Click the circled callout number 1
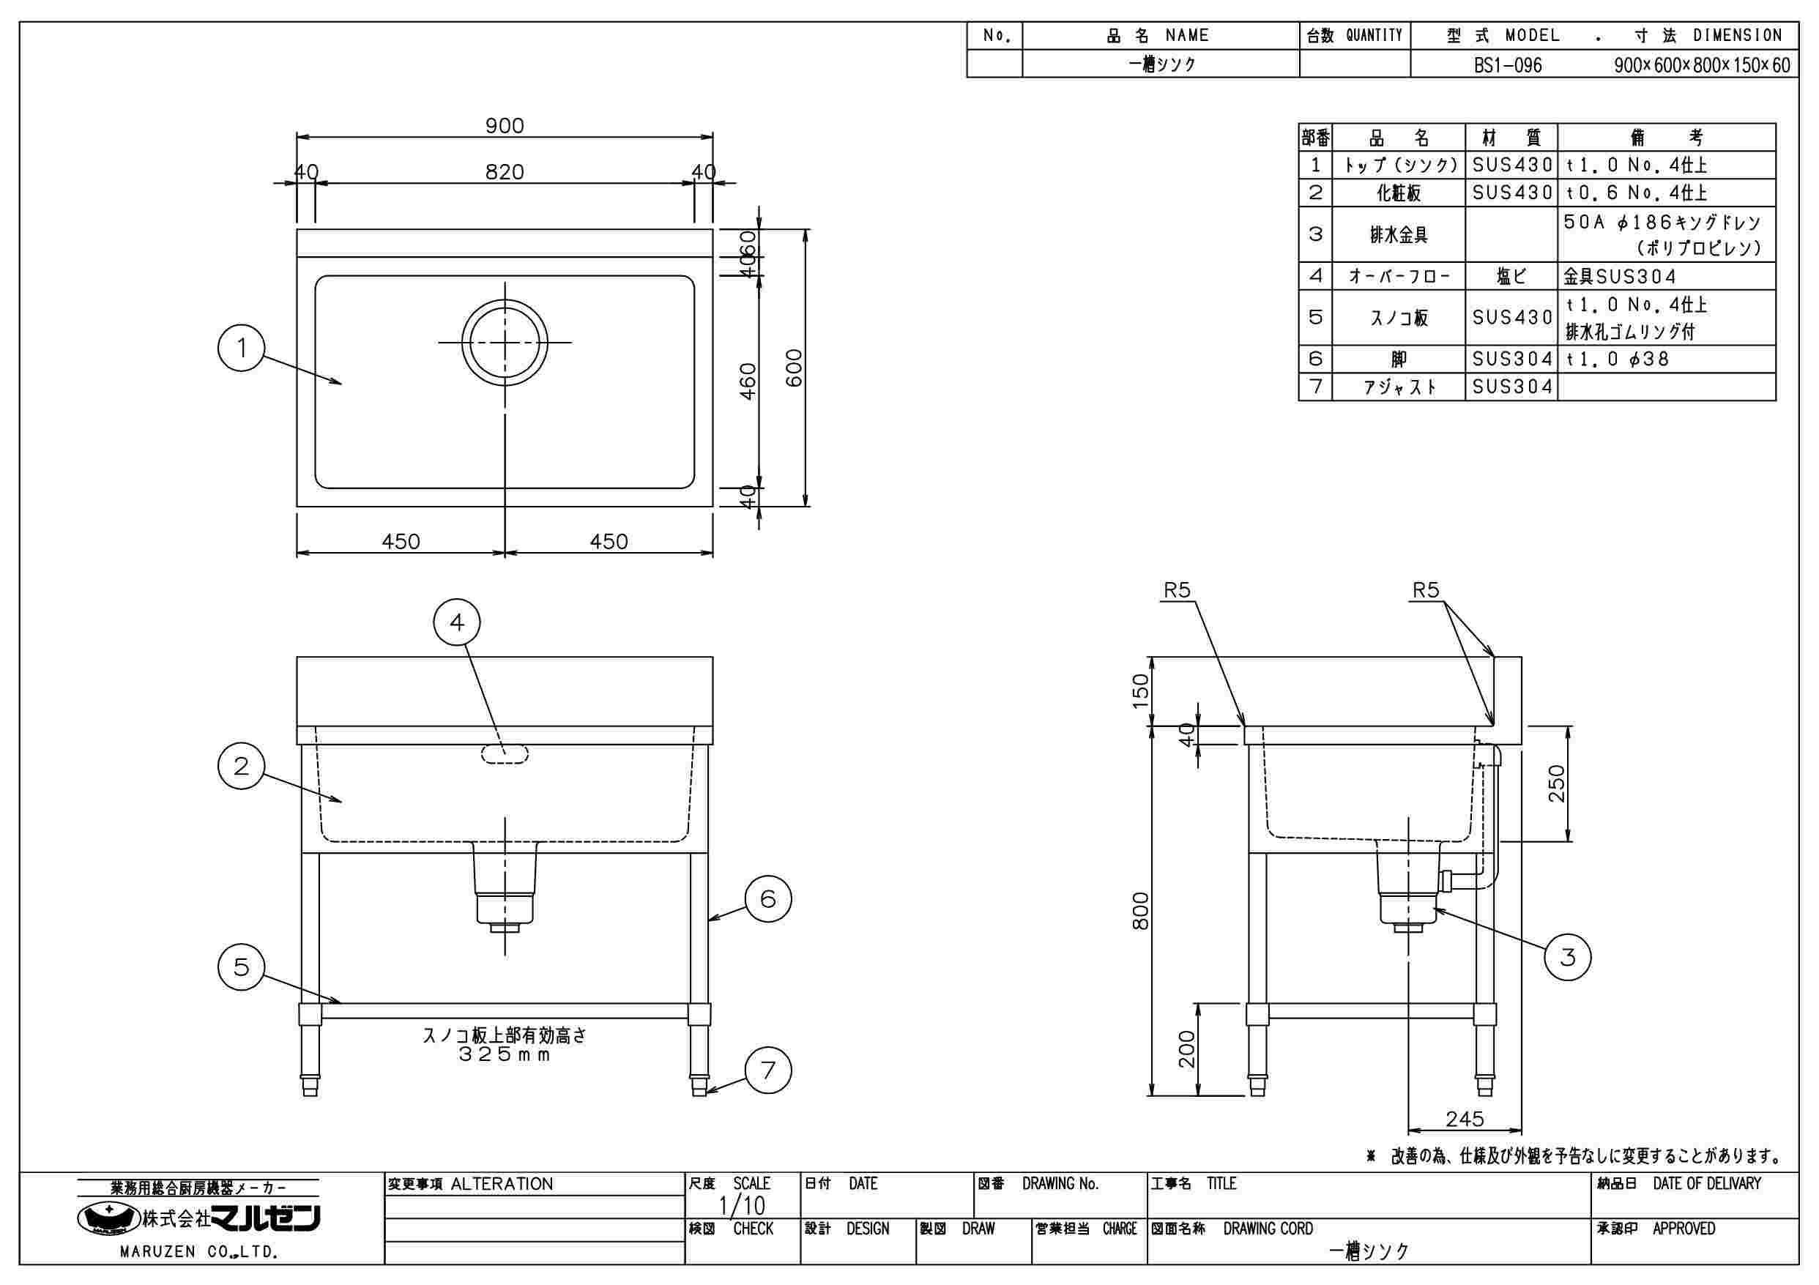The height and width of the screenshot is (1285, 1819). pos(242,348)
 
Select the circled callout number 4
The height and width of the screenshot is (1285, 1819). pos(457,622)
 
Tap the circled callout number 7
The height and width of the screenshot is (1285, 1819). pos(767,1070)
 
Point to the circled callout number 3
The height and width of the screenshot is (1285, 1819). pos(1568,957)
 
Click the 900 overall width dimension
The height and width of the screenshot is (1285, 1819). pos(505,125)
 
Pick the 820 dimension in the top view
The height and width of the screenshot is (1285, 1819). pos(505,172)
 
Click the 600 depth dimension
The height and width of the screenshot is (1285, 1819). pos(794,368)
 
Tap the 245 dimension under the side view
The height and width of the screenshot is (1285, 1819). pos(1464,1119)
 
